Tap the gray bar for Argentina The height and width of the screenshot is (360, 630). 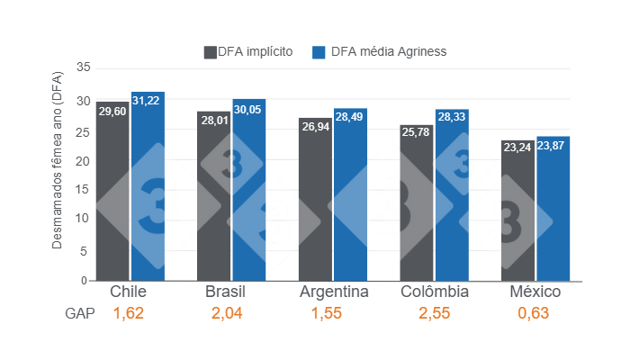315,199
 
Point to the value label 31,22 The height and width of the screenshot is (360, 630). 148,101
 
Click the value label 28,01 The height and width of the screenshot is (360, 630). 214,121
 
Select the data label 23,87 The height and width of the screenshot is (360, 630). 553,146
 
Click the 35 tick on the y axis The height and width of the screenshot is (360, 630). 83,67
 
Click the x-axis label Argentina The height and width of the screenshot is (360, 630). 333,293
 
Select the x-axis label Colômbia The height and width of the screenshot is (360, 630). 435,293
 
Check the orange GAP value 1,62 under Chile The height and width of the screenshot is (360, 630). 128,314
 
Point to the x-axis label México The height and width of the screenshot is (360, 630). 535,293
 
